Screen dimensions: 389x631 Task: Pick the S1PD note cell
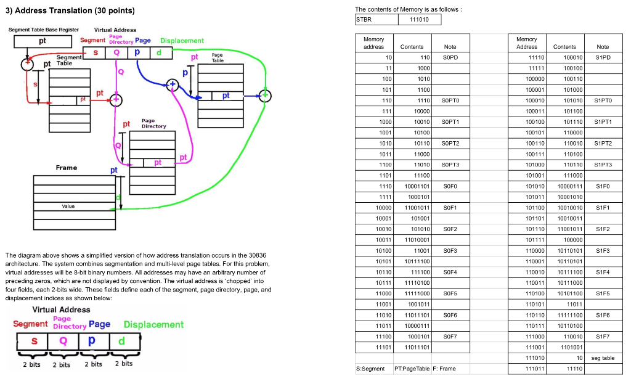[602, 57]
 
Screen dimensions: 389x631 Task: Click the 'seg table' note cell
[602, 358]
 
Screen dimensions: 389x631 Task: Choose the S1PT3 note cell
[603, 165]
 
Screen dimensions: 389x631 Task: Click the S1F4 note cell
[602, 272]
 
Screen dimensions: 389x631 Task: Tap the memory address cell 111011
[527, 369]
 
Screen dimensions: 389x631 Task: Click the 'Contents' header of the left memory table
[412, 47]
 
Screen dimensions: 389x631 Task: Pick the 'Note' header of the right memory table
[602, 47]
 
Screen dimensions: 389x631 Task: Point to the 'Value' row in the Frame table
[68, 207]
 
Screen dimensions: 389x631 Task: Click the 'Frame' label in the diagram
[67, 168]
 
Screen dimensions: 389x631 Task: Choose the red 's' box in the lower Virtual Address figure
[35, 340]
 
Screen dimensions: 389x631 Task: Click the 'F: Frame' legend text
[444, 369]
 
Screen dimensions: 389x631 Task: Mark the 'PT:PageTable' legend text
[410, 369]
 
